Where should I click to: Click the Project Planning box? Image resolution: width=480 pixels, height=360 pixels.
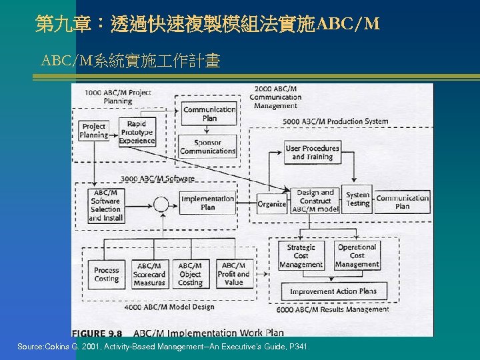94,131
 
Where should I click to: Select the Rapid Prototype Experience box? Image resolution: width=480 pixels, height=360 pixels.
137,132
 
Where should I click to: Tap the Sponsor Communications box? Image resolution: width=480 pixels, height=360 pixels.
208,147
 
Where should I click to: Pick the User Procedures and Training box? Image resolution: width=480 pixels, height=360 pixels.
312,153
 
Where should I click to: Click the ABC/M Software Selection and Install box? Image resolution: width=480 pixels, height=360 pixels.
105,205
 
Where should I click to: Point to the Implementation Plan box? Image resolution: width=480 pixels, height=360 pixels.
208,203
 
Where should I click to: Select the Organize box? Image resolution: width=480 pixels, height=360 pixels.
271,204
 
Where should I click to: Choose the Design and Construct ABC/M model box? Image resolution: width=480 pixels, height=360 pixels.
315,201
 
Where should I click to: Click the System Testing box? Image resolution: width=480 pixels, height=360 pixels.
357,199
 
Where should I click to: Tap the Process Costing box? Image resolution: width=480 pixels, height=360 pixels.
107,275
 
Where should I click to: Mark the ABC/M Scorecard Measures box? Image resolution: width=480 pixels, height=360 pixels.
149,274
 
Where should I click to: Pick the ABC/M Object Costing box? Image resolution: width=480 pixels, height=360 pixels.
190,274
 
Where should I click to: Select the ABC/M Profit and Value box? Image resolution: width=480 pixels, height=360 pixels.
233,274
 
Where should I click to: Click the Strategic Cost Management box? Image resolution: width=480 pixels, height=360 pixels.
301,255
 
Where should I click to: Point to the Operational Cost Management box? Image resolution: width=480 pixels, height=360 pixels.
357,255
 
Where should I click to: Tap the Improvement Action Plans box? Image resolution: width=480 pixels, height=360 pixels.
333,291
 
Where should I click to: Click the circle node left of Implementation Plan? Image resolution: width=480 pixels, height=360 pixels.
161,203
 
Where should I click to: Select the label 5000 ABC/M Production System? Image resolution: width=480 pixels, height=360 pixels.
335,121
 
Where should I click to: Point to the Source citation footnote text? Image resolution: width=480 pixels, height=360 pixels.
163,347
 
